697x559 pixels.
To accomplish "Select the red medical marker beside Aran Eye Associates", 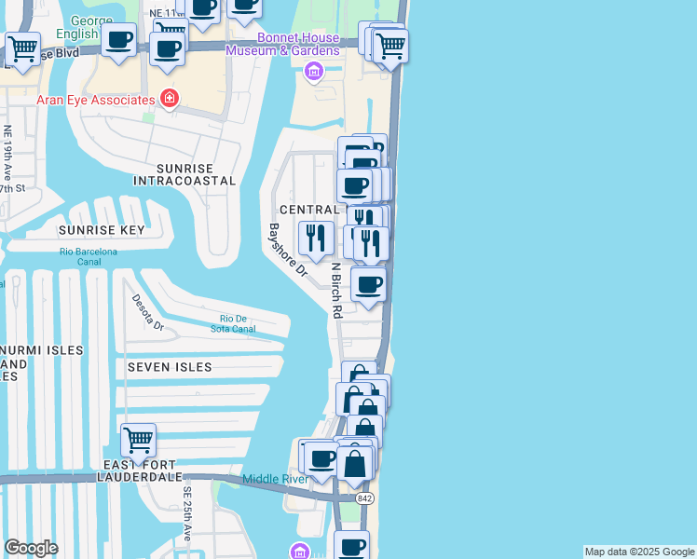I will tap(169, 98).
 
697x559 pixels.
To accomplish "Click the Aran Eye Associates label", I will tap(96, 99).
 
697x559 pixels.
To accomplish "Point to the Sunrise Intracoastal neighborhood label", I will tap(184, 181).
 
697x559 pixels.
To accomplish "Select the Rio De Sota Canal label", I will tap(238, 323).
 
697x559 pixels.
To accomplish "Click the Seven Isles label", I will tap(170, 367).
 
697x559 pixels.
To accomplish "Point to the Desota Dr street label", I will tap(148, 313).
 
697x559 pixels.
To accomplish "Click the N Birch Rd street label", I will tap(336, 290).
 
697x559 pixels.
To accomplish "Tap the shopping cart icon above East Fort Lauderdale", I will tap(138, 439).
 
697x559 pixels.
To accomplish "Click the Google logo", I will tap(31, 548).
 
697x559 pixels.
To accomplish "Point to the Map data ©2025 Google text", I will tap(639, 552).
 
